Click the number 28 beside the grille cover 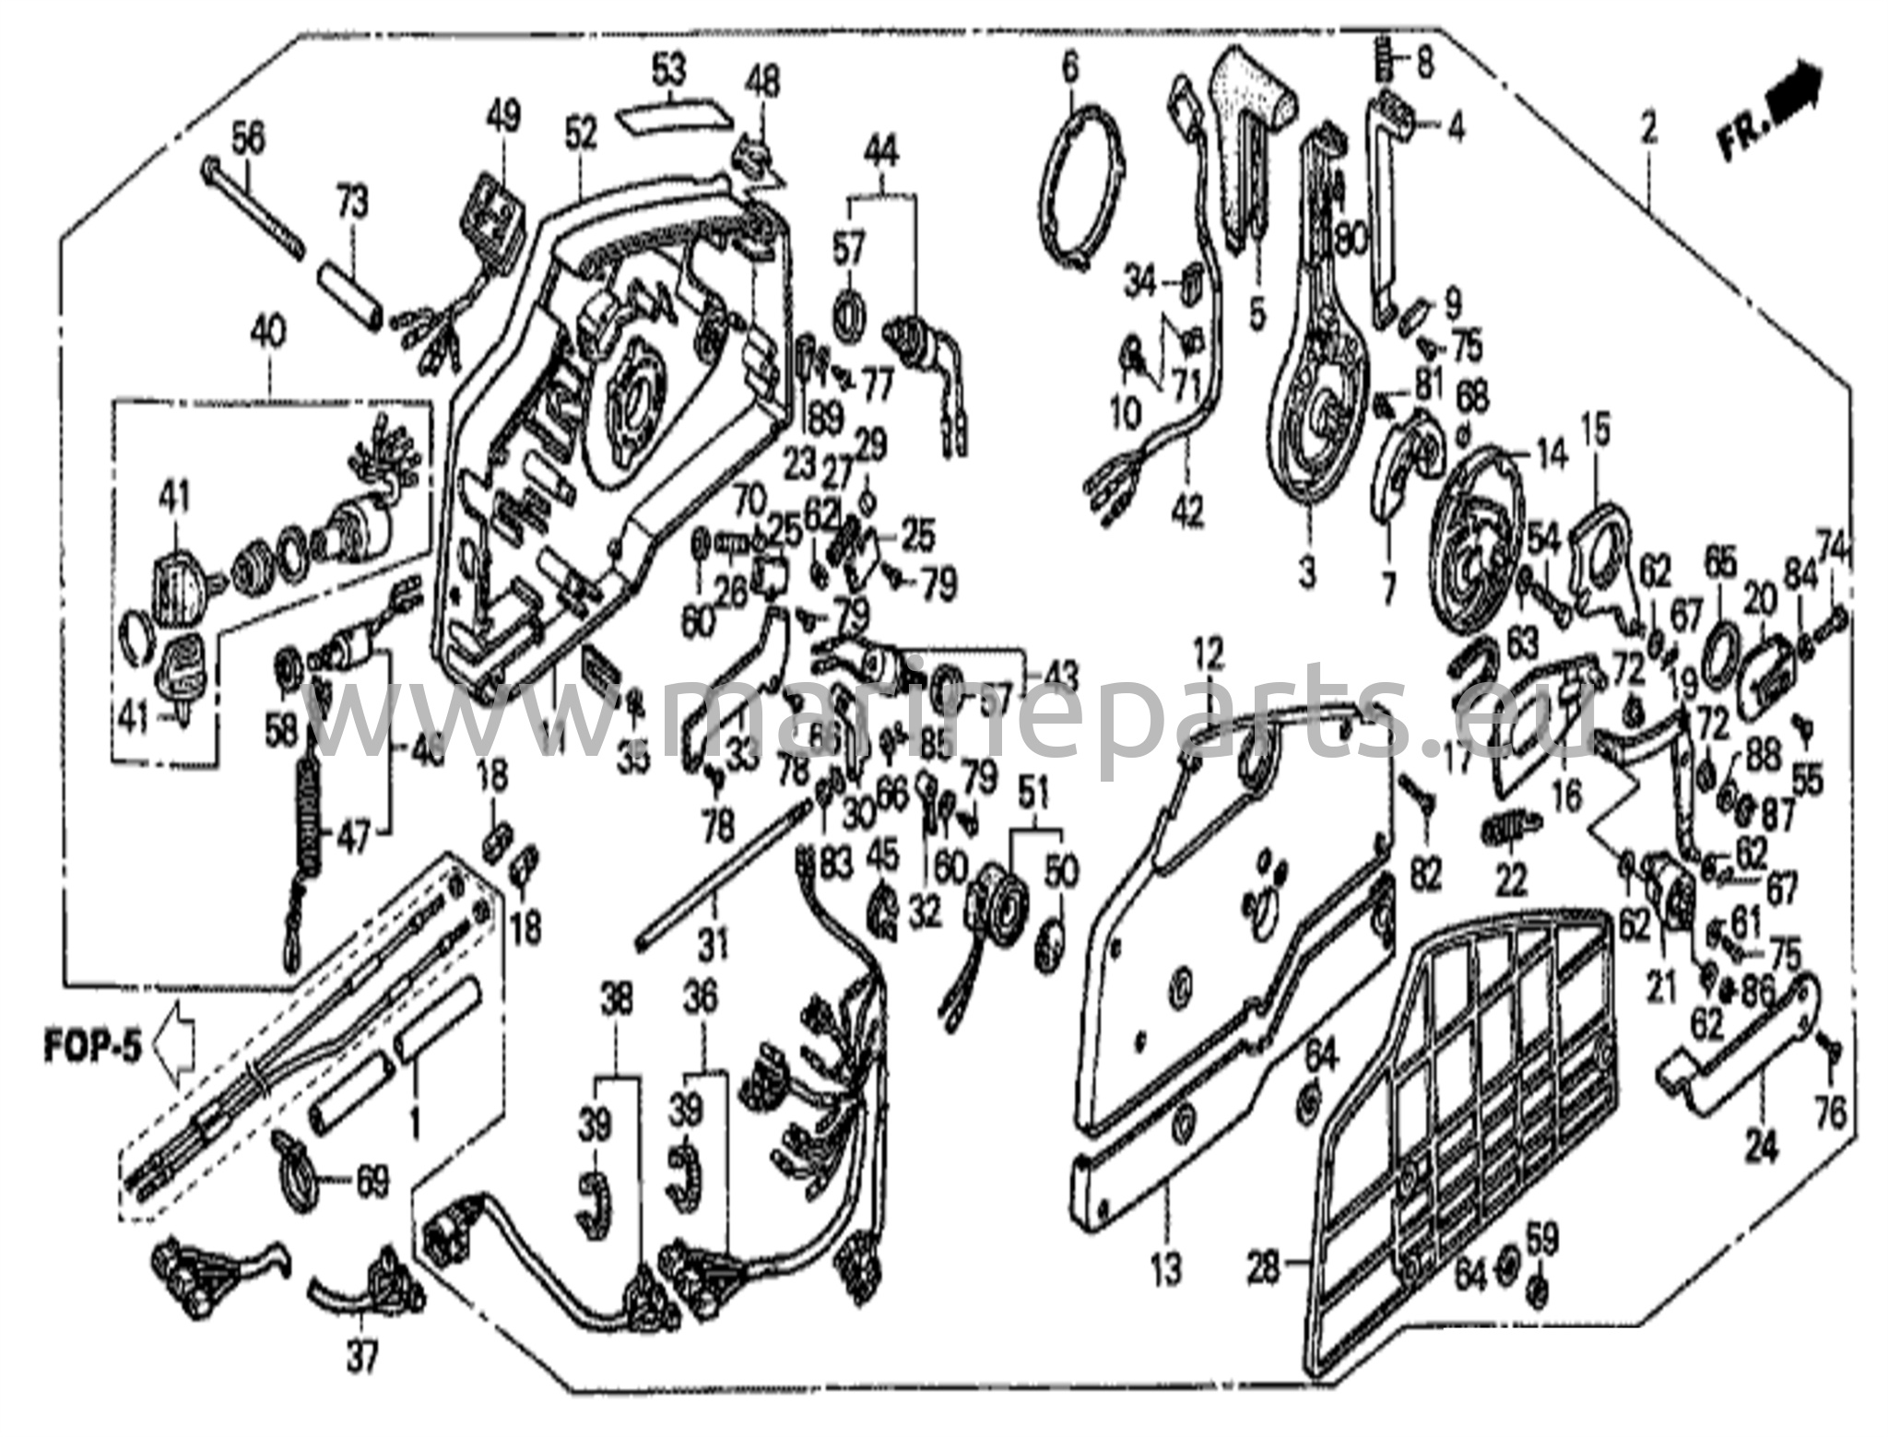(x=1263, y=1270)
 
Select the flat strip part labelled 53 (x=673, y=117)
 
